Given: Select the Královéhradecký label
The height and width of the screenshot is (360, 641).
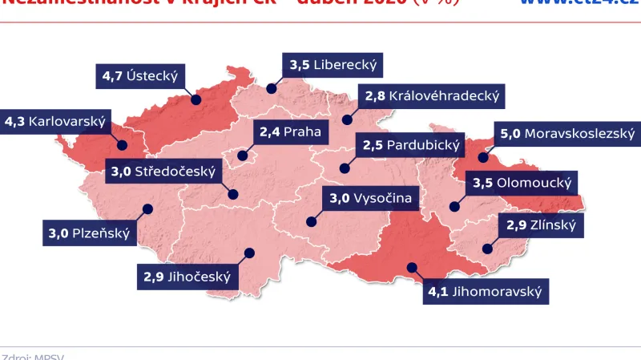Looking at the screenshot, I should point(432,97).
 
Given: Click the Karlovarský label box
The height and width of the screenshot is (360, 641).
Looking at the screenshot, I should point(55,122).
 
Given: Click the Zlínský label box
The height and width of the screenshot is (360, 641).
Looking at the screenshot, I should point(540,226).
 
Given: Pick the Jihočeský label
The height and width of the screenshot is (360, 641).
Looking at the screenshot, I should point(187,277).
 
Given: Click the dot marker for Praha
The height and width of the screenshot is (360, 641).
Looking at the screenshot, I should point(242,152).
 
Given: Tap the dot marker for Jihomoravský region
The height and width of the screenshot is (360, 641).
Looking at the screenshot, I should point(413,268).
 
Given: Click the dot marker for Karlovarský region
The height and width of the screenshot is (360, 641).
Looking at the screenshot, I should point(123,146).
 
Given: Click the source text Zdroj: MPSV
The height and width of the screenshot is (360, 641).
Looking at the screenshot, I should point(33,356).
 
